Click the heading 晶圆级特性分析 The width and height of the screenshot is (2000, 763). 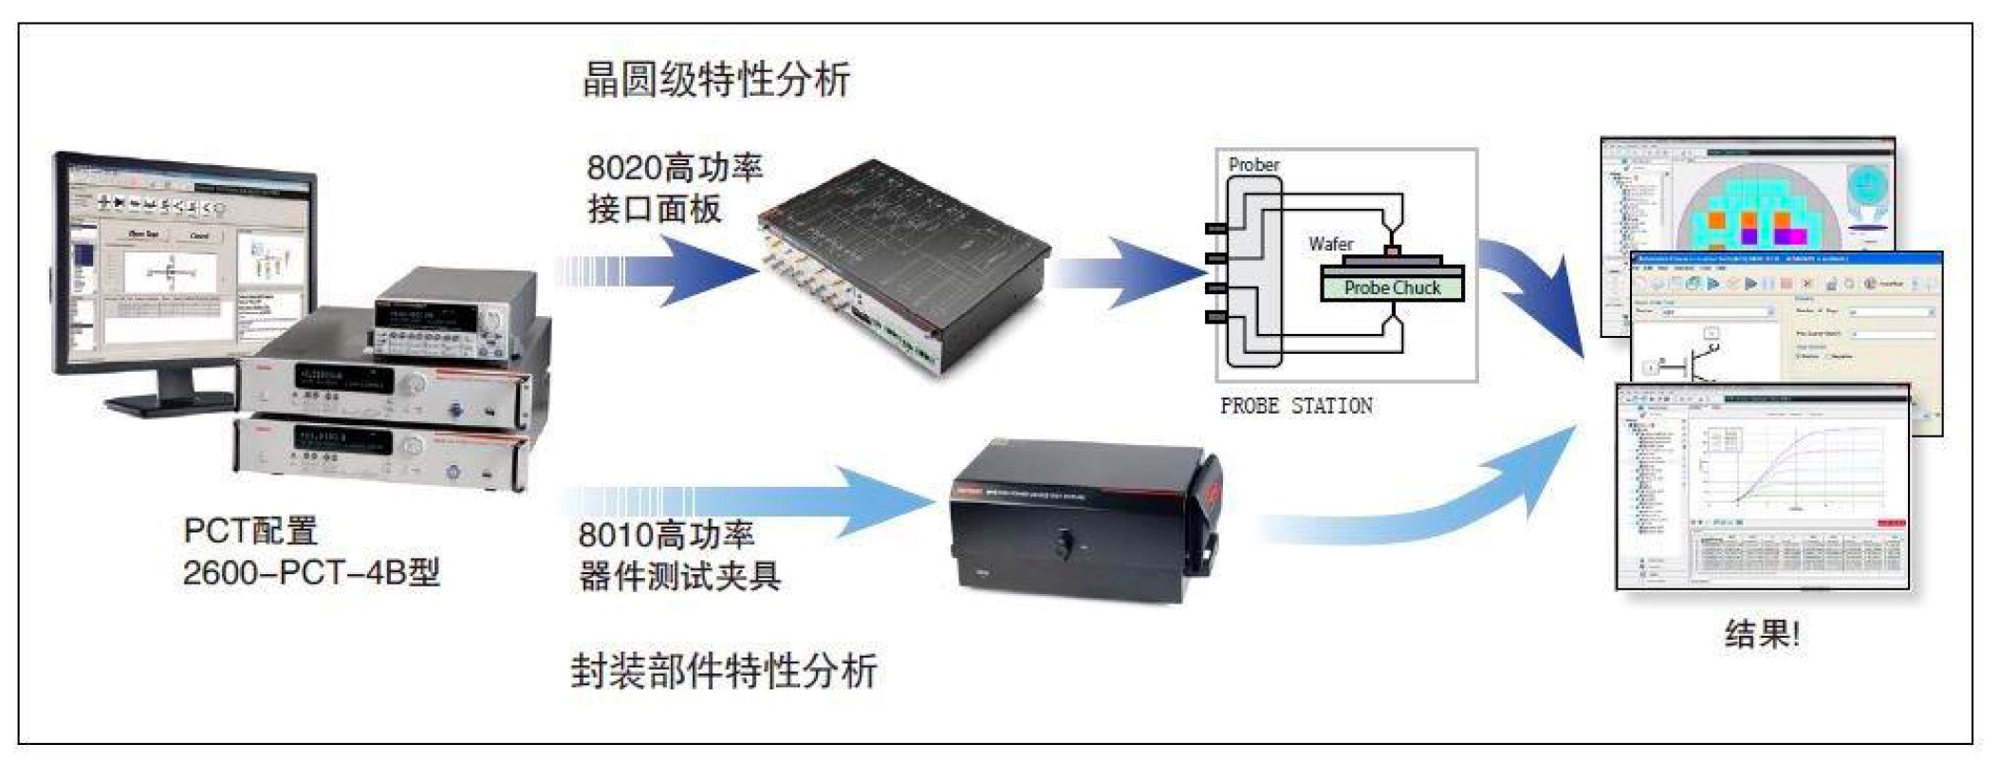[716, 80]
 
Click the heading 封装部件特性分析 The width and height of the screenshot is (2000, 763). [724, 671]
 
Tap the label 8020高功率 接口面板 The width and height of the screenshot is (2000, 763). [674, 188]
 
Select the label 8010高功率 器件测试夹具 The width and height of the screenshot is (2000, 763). [678, 555]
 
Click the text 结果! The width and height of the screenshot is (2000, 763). [1762, 633]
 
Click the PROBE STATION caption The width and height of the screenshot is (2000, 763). [1296, 406]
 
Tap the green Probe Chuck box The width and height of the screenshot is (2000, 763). [1392, 288]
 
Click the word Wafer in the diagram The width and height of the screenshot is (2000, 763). [1330, 244]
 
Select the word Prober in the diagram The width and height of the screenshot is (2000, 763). [1253, 164]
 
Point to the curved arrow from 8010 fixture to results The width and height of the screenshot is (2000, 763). [1423, 512]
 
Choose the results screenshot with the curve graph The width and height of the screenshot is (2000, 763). [1762, 486]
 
